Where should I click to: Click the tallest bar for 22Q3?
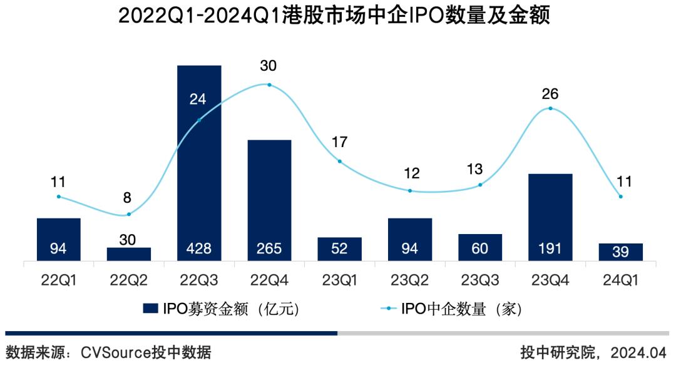pyautogui.click(x=199, y=163)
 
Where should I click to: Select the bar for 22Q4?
pyautogui.click(x=269, y=200)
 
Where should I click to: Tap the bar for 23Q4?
pyautogui.click(x=550, y=217)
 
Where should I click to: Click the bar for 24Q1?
pyautogui.click(x=620, y=252)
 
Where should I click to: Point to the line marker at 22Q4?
pyautogui.click(x=269, y=84)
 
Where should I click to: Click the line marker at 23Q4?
pyautogui.click(x=550, y=108)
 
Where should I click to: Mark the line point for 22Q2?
pyautogui.click(x=129, y=214)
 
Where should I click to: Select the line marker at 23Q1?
pyautogui.click(x=340, y=161)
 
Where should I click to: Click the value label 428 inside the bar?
pyautogui.click(x=199, y=249)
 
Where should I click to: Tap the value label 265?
pyautogui.click(x=269, y=249)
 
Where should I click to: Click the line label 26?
pyautogui.click(x=550, y=94)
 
